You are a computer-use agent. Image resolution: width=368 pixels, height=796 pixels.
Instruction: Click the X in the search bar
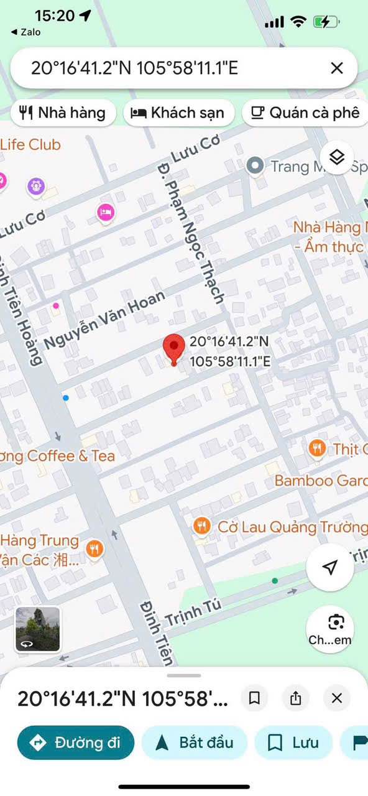click(x=336, y=68)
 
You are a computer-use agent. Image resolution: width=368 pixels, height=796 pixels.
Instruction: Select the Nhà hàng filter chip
click(x=63, y=113)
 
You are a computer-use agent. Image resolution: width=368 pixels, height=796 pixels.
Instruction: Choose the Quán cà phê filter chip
click(x=305, y=113)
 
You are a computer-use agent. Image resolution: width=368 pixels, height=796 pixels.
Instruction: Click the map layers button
click(x=336, y=158)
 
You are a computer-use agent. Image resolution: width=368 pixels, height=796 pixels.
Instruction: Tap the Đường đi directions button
click(x=76, y=743)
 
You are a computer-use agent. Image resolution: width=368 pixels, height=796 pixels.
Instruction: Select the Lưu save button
click(x=293, y=743)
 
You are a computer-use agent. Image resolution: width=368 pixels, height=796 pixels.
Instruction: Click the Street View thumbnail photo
click(x=38, y=629)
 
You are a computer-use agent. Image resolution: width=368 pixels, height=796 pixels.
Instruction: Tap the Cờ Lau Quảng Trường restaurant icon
click(x=201, y=527)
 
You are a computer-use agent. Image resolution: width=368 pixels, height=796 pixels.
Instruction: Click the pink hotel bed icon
click(x=106, y=212)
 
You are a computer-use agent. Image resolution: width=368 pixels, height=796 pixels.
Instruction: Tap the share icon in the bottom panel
click(x=295, y=698)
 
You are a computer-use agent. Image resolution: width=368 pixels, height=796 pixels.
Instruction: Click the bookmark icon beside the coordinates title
click(x=254, y=698)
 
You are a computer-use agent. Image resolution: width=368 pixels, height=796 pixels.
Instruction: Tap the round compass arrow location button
click(x=330, y=567)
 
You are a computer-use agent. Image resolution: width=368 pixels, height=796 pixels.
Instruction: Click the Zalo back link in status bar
click(x=25, y=32)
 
